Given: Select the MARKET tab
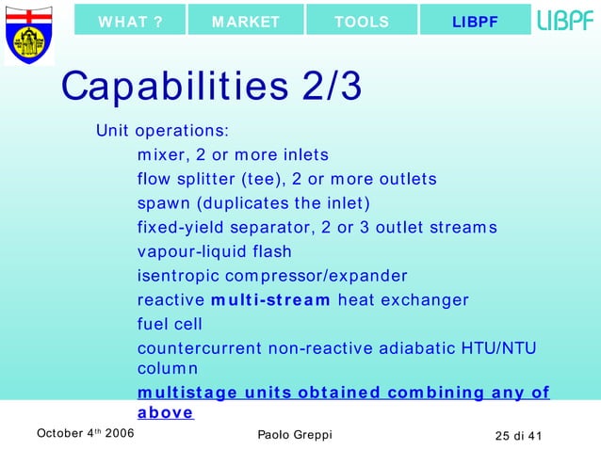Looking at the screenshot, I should point(246,22).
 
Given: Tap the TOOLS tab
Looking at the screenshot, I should point(362,22).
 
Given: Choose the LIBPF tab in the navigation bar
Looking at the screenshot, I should point(475,22).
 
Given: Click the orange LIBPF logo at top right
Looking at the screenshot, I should point(565,20).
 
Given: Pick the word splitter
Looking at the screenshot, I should point(204,179).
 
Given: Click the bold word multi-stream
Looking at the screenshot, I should point(271,301).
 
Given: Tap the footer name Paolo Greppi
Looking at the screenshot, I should point(294,434).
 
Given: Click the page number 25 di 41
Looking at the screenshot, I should point(525,434).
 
